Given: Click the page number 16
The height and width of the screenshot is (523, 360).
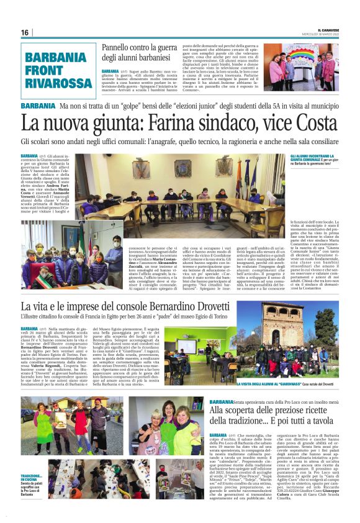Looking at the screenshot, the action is [24, 32].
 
